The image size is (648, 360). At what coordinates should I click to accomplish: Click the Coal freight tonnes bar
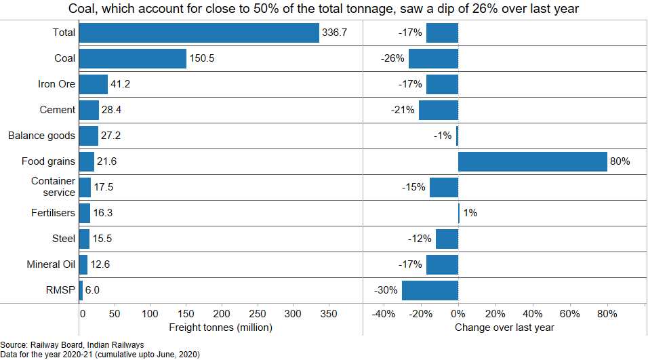click(133, 58)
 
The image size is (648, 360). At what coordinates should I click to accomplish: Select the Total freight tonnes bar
click(199, 33)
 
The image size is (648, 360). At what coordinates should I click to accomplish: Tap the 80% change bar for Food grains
click(533, 161)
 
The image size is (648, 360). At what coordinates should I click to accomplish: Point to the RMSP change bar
click(430, 290)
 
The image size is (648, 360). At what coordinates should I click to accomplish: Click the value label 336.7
click(335, 33)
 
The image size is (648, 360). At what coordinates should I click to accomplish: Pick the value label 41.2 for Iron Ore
click(120, 84)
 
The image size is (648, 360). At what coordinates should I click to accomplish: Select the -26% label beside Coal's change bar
click(393, 58)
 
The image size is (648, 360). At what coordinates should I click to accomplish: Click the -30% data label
click(386, 290)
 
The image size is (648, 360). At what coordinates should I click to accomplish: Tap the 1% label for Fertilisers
click(470, 213)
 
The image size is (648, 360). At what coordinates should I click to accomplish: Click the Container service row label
click(53, 187)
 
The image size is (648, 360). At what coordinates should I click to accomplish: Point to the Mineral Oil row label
click(51, 264)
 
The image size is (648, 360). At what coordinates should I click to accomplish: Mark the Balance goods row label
click(41, 136)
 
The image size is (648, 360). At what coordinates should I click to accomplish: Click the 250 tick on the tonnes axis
click(258, 314)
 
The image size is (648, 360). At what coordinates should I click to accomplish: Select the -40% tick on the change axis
click(384, 314)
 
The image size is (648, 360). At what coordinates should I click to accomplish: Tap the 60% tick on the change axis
click(570, 314)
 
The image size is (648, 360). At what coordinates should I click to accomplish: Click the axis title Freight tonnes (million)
click(221, 327)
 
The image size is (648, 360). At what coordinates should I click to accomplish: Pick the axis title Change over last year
click(504, 327)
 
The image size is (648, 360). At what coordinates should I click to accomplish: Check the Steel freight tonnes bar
click(84, 239)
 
